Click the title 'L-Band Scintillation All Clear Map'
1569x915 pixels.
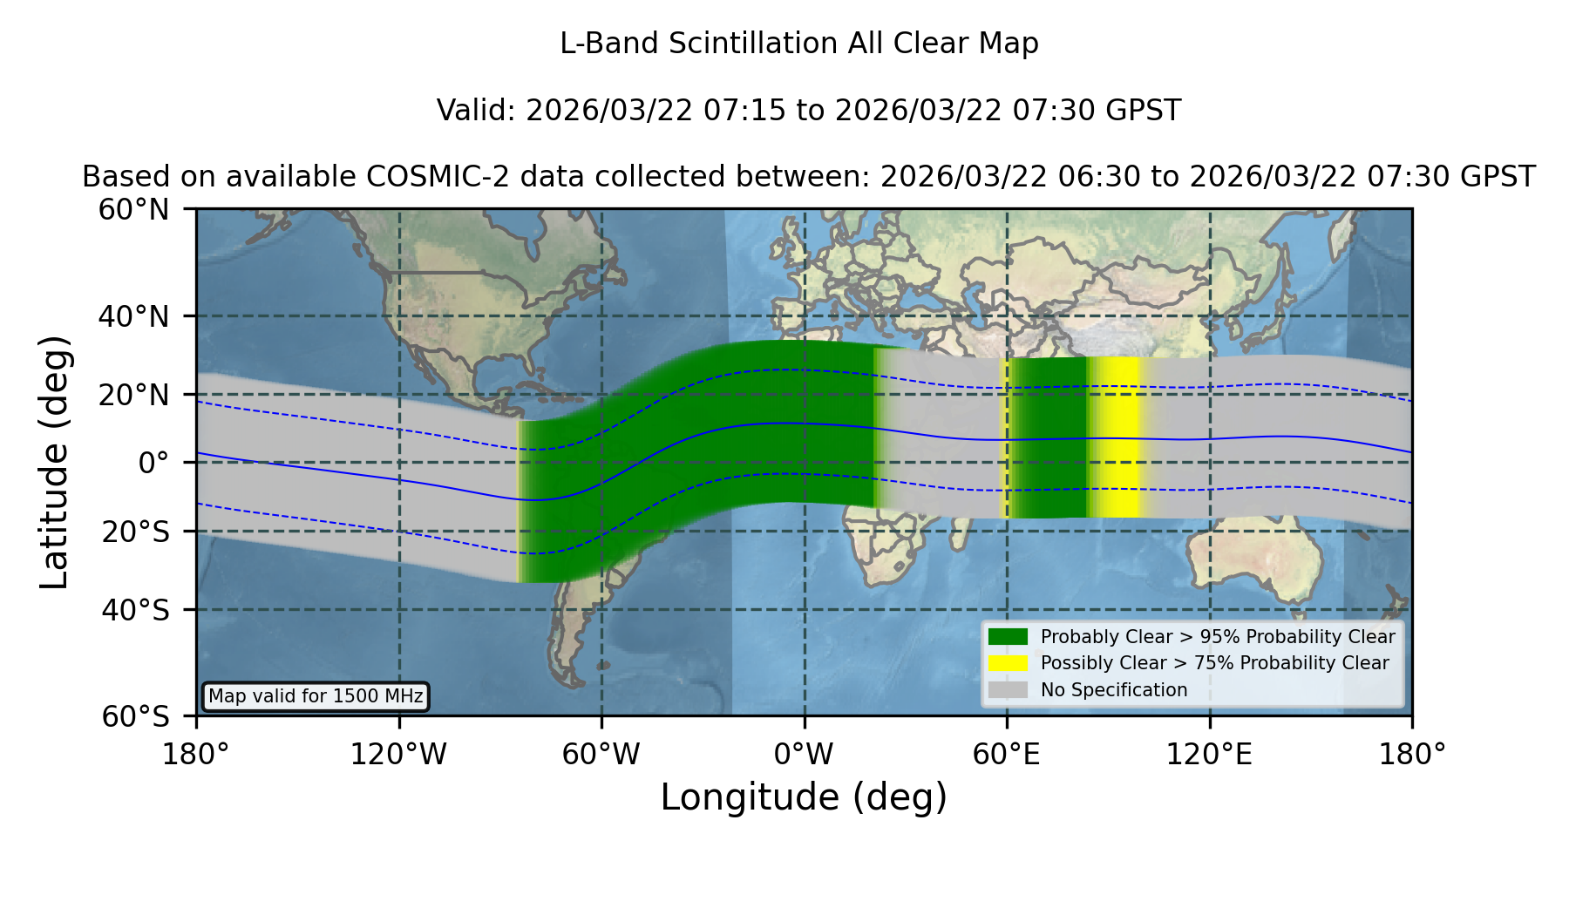(x=799, y=44)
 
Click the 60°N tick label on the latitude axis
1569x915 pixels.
(x=133, y=209)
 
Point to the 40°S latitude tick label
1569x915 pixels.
(x=135, y=610)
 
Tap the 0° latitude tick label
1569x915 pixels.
(x=153, y=462)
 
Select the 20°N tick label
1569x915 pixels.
(x=133, y=395)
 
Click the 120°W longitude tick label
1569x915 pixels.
(x=398, y=755)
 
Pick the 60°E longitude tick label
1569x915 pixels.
(x=1007, y=755)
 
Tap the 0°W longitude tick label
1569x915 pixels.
(x=805, y=755)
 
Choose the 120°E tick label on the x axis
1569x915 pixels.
(x=1209, y=755)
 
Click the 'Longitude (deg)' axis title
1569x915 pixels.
(x=804, y=797)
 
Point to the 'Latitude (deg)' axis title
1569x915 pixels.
(x=54, y=462)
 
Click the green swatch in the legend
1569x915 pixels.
(x=1008, y=636)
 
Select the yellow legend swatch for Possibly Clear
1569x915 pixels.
(x=1008, y=663)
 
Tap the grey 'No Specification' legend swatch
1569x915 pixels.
(x=1008, y=690)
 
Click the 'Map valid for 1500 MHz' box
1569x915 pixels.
(x=316, y=696)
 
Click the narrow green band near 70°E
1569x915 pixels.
(x=1049, y=437)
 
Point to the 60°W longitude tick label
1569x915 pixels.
(x=601, y=755)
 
